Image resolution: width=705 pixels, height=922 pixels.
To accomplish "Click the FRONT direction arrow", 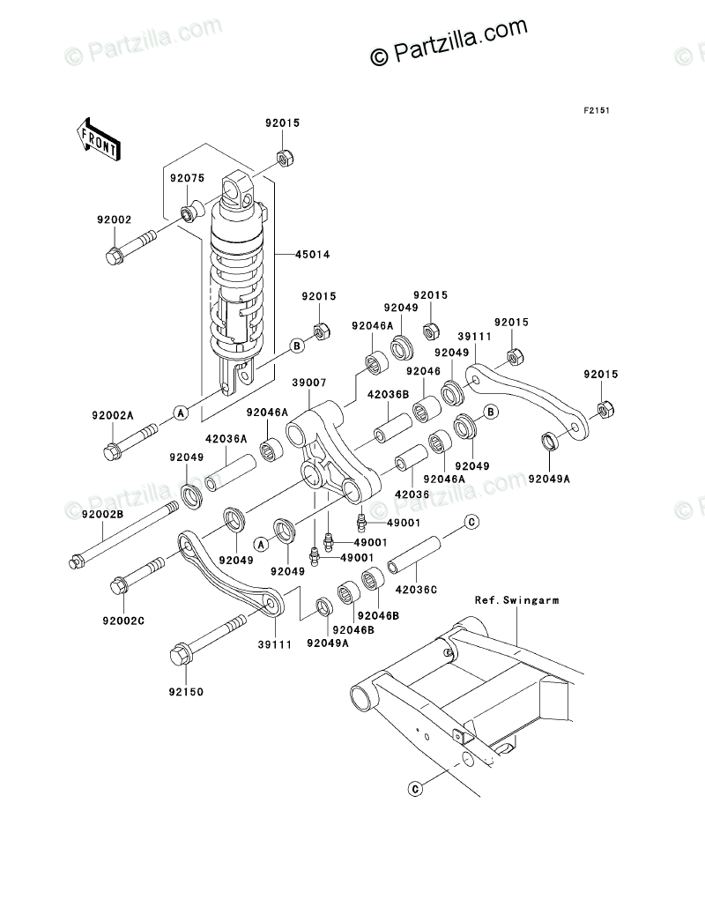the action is (98, 138).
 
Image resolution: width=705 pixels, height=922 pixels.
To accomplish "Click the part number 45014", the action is (312, 255).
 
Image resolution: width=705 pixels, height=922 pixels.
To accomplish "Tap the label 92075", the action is (188, 178).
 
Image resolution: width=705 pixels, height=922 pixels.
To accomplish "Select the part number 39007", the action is (309, 383).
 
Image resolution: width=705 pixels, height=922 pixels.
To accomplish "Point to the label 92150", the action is (186, 692).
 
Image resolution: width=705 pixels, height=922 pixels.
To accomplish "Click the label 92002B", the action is (102, 514).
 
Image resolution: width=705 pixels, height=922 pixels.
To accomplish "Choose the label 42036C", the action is (416, 589).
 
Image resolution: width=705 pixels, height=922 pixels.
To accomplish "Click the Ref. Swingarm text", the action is (516, 600).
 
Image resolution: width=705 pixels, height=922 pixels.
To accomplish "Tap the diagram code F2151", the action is (597, 110).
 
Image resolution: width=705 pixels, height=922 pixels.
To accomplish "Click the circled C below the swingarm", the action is (415, 789).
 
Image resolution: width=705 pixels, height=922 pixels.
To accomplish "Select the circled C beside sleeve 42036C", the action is (471, 522).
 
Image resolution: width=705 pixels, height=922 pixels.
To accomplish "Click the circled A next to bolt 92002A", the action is (182, 413).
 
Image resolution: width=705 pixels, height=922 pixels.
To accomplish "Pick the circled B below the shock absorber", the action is (298, 346).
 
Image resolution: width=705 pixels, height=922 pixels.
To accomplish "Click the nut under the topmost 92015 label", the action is (285, 158).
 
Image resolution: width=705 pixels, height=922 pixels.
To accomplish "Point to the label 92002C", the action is (123, 621).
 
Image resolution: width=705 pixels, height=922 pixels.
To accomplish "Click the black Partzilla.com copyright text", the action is (449, 41).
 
